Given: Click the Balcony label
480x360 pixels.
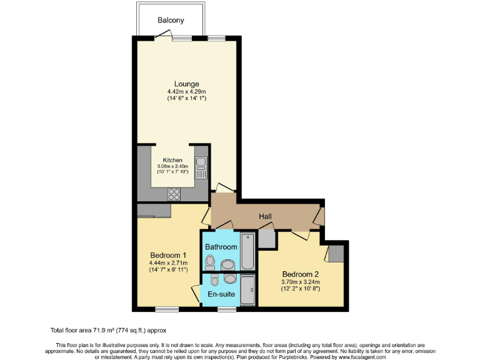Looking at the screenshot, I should click(x=171, y=21).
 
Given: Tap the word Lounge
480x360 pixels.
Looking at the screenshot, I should click(x=186, y=84).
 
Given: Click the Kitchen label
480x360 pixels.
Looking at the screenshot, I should click(x=172, y=160).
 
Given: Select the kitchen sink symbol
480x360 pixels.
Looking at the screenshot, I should click(x=201, y=164).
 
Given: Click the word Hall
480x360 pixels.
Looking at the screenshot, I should click(x=266, y=217).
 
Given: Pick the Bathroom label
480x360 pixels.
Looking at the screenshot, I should click(x=221, y=247).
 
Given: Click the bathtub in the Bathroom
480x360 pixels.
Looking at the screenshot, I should click(x=248, y=251).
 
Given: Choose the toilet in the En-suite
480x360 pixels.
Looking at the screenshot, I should click(x=214, y=279).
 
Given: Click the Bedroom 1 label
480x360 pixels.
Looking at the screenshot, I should click(x=168, y=255).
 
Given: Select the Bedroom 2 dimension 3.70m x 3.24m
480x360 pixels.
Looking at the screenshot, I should click(x=301, y=282).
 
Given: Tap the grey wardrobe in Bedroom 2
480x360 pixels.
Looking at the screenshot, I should click(x=336, y=253).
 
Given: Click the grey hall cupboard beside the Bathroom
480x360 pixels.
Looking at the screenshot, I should click(x=266, y=239).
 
